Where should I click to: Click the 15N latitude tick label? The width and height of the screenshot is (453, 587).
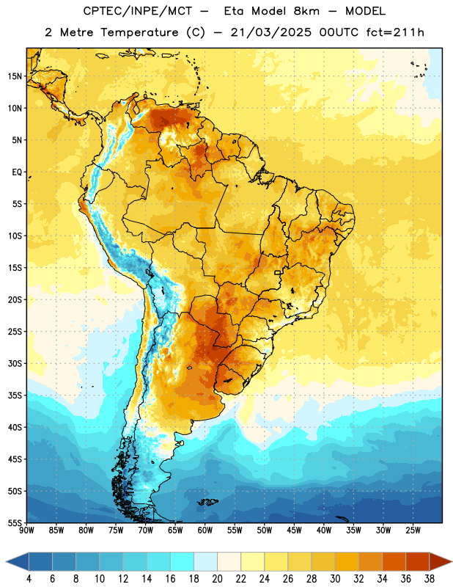[15, 76]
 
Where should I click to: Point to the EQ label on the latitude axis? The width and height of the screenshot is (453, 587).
[17, 172]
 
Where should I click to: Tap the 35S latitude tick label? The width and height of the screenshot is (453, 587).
[15, 395]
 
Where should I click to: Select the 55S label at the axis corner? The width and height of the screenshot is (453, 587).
[15, 522]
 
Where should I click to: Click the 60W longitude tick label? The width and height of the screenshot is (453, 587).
[205, 530]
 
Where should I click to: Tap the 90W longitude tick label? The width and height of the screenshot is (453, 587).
[26, 530]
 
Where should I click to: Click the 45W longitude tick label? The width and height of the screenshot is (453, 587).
[294, 530]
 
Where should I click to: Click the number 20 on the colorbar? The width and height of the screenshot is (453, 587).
[217, 579]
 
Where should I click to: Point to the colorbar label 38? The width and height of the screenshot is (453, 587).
[429, 579]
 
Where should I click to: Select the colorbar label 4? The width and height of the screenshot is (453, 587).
[29, 579]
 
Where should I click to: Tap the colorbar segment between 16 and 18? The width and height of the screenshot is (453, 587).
[183, 561]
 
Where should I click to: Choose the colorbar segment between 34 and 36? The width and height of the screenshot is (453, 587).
[394, 561]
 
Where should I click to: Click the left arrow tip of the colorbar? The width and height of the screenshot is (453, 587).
[6, 561]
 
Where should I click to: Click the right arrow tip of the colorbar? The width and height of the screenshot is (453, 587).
[452, 561]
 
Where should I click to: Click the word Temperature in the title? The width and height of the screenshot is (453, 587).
[139, 32]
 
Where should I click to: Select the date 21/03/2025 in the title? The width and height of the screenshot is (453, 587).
[270, 32]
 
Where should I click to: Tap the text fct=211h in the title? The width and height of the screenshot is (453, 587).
[395, 32]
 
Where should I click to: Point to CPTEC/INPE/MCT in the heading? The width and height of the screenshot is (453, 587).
[137, 11]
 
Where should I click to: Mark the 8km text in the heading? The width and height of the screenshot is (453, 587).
[306, 11]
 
